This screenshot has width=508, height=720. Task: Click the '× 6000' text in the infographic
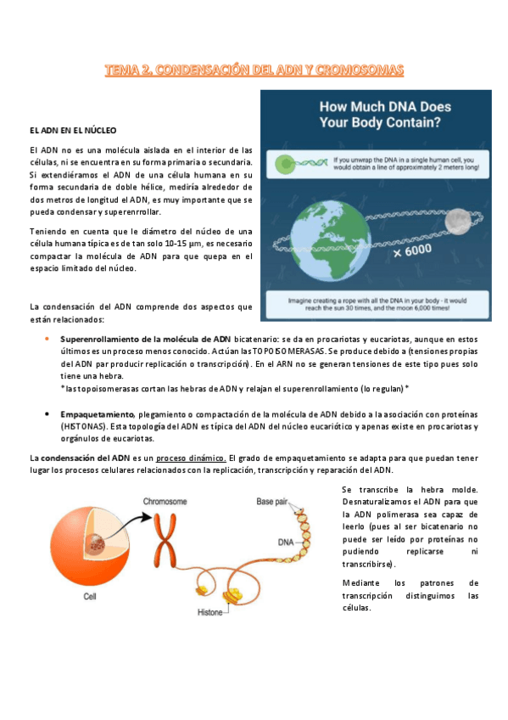tap(412, 251)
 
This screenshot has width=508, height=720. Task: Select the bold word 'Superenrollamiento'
tap(96, 338)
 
